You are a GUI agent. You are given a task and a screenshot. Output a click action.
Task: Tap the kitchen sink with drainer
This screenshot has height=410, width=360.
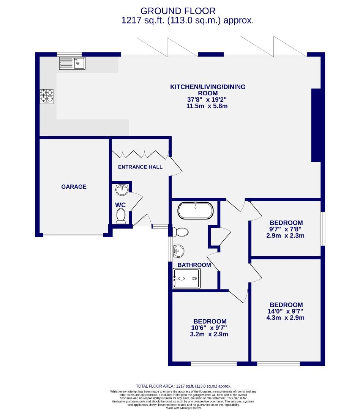72,63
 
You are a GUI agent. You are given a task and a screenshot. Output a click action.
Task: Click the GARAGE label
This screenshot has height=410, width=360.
74,187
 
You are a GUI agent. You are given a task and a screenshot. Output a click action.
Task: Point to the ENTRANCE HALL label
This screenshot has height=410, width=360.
140,167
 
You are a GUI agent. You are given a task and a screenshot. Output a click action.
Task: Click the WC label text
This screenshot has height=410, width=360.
120,205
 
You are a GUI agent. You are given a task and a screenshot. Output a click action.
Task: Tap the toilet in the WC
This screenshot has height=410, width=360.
121,215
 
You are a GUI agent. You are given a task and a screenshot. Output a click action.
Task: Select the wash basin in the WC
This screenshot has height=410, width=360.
122,189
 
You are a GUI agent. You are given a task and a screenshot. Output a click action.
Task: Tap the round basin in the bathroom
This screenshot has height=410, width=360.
178,250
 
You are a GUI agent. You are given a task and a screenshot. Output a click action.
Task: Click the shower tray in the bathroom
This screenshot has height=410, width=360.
186,279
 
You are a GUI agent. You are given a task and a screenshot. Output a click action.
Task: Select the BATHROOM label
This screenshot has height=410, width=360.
194,265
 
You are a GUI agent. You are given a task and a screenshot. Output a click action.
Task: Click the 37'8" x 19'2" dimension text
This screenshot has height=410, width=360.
208,99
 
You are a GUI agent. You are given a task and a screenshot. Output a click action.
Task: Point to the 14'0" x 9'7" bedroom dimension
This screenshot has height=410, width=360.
286,311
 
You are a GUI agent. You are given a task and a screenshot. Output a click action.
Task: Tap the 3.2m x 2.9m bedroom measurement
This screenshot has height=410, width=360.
210,334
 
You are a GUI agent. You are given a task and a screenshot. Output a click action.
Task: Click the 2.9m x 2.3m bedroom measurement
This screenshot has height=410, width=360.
286,236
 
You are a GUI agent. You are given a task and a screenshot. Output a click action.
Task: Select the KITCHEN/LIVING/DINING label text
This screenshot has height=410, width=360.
208,87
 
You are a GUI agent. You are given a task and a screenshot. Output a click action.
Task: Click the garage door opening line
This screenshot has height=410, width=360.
73,235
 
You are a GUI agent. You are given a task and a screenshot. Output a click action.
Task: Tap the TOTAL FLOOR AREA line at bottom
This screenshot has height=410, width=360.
183,386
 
